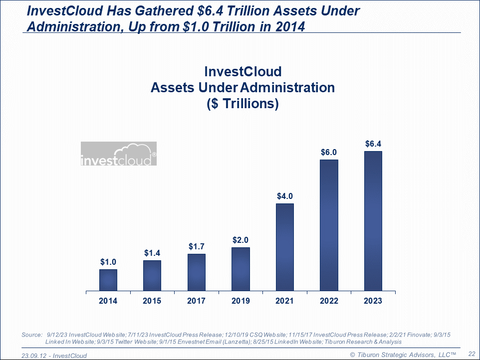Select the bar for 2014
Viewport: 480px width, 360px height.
(108, 280)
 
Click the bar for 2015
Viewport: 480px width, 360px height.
(152, 275)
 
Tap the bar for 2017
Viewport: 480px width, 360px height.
(197, 272)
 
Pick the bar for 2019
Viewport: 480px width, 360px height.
(240, 269)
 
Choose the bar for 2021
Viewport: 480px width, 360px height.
(285, 247)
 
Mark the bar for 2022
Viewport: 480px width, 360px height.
(329, 225)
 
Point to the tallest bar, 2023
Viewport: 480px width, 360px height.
(373, 220)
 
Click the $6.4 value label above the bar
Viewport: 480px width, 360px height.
(373, 144)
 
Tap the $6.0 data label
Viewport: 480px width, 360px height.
(329, 152)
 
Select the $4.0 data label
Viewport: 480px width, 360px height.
(285, 196)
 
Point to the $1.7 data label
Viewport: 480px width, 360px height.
(197, 246)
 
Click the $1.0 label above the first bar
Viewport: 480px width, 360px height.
(108, 262)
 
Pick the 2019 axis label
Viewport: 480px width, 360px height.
(240, 301)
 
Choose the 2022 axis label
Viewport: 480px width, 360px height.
(329, 301)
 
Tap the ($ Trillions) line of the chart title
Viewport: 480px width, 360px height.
(242, 104)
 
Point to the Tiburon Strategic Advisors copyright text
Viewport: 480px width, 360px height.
(403, 354)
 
